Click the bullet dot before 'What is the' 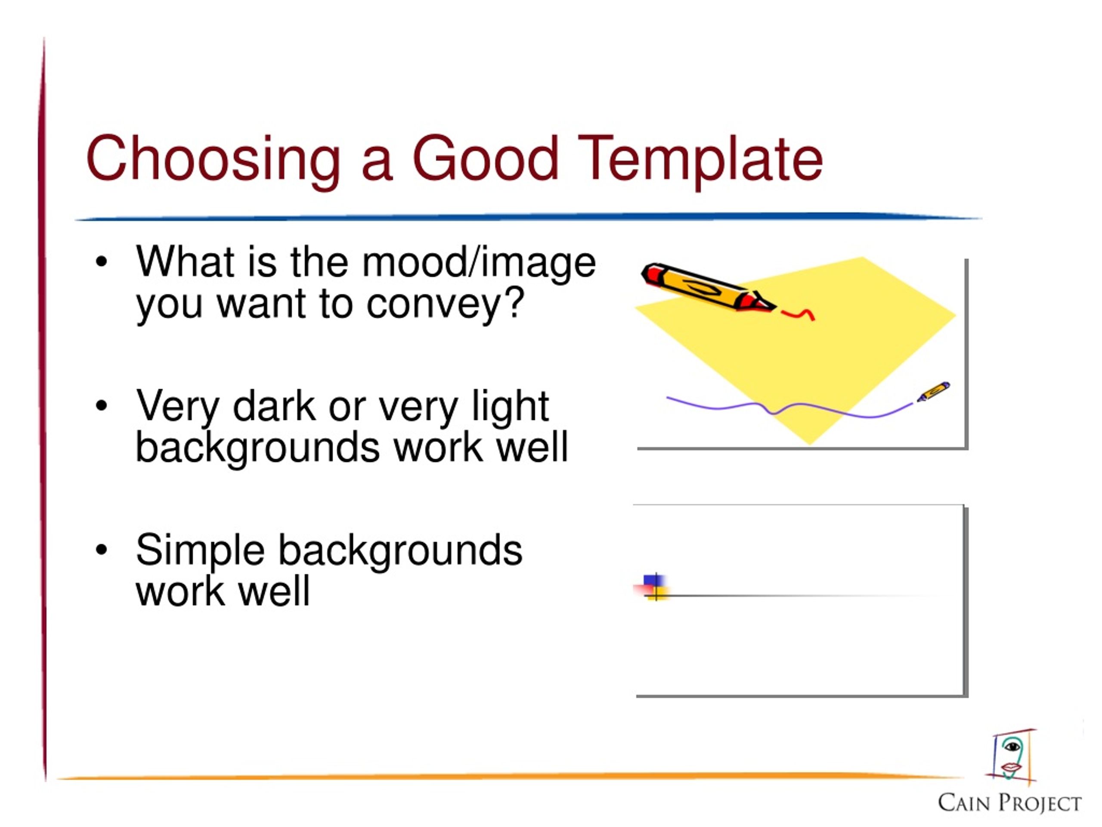(101, 262)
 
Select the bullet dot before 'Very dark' (101, 406)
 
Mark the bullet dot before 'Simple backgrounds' (101, 550)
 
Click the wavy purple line (789, 408)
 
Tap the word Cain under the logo (964, 802)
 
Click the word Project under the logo (1040, 803)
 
